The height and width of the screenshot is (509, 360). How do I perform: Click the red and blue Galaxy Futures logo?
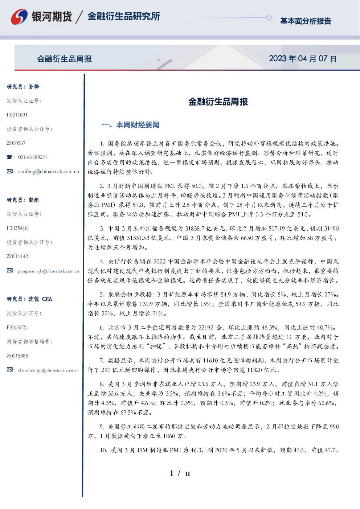pyautogui.click(x=19, y=17)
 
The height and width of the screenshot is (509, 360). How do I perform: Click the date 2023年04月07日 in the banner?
pyautogui.click(x=303, y=59)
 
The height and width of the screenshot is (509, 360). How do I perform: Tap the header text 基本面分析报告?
pyautogui.click(x=306, y=21)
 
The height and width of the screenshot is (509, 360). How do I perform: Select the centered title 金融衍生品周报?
pyautogui.click(x=218, y=102)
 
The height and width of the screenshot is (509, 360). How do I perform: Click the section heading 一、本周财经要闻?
pyautogui.click(x=130, y=125)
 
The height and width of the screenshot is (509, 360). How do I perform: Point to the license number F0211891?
pyautogui.click(x=17, y=115)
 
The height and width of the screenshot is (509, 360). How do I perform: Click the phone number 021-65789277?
pyautogui.click(x=33, y=157)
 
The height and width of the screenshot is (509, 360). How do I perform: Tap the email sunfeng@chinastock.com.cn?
pyautogui.click(x=49, y=172)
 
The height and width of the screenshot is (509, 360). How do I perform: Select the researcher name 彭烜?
pyautogui.click(x=34, y=200)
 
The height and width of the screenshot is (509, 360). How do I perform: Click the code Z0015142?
pyautogui.click(x=17, y=256)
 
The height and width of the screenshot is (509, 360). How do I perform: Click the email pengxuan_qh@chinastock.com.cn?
pyautogui.click(x=48, y=271)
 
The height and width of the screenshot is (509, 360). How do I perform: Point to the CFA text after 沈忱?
pyautogui.click(x=47, y=299)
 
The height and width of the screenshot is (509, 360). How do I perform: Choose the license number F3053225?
pyautogui.click(x=17, y=328)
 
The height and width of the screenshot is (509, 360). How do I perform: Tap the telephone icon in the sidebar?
pyautogui.click(x=9, y=157)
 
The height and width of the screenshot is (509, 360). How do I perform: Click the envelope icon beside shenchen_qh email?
pyautogui.click(x=9, y=370)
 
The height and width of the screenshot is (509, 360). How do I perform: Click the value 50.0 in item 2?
pyautogui.click(x=197, y=186)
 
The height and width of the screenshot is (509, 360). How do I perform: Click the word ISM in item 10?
pyautogui.click(x=142, y=450)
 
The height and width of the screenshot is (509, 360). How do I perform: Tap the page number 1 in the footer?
pyautogui.click(x=172, y=473)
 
